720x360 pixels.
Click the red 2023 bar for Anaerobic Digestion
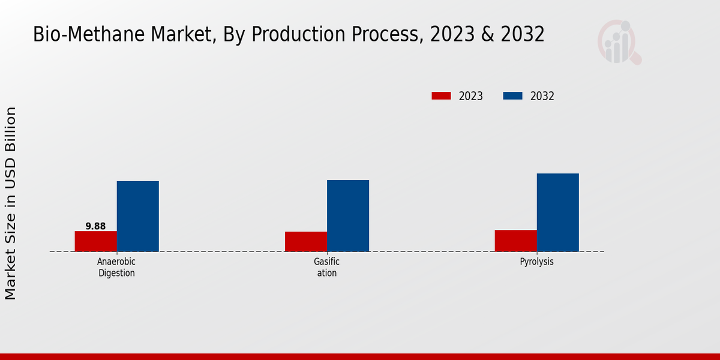[96, 241]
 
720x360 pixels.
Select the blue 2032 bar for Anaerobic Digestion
[138, 216]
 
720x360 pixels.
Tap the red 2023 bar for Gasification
[306, 241]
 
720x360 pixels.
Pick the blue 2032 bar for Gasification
[348, 215]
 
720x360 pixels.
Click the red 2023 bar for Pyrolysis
[516, 241]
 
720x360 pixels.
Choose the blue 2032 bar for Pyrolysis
[558, 212]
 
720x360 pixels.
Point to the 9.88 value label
[95, 226]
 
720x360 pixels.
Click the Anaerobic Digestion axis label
[116, 268]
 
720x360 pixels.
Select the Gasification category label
[327, 268]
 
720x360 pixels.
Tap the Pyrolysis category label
[537, 262]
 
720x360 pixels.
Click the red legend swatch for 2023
[441, 96]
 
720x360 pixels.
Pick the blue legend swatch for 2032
[512, 96]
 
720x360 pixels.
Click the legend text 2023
[471, 96]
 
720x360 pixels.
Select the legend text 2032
[542, 96]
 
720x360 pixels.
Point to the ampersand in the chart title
[487, 35]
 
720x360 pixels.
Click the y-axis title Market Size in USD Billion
[11, 203]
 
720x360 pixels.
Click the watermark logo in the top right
[619, 42]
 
